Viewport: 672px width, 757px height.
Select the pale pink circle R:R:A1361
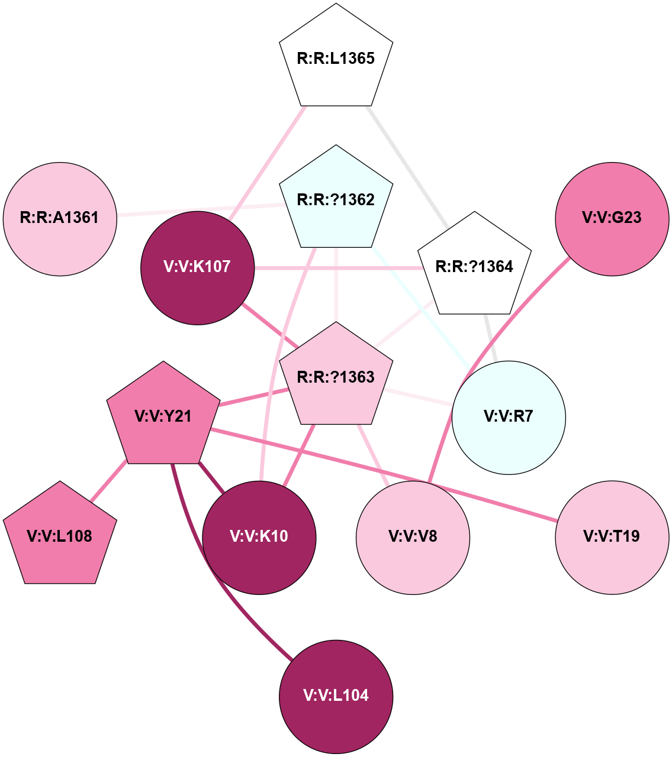point(60,218)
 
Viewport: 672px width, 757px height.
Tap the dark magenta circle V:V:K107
point(197,267)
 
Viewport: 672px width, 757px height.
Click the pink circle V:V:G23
point(612,218)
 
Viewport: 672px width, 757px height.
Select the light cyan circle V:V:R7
point(509,417)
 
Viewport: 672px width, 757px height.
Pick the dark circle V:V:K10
point(259,537)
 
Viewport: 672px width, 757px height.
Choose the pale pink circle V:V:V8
point(413,537)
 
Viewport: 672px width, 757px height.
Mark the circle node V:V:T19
point(612,537)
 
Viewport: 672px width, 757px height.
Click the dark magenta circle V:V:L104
point(336,696)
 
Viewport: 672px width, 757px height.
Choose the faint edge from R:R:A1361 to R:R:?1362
point(198,211)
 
